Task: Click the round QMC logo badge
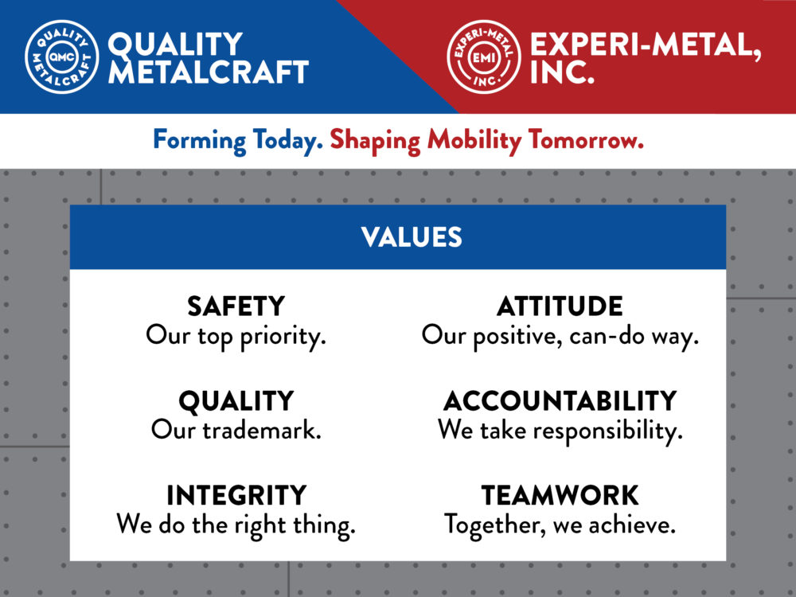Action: coord(62,57)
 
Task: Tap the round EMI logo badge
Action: coord(484,57)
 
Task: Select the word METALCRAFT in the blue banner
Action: coord(209,72)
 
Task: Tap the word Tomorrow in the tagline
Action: coord(586,139)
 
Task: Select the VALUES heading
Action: coord(412,237)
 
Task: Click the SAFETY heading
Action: coord(236,306)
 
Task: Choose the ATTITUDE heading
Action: coord(560,306)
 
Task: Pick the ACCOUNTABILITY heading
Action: coord(560,401)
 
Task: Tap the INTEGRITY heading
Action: coord(236,495)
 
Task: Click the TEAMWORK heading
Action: coord(560,495)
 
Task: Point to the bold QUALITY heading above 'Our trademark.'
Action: coord(236,401)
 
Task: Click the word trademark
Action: coord(262,431)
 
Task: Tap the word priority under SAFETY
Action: coord(283,337)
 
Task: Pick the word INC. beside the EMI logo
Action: coord(562,72)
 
